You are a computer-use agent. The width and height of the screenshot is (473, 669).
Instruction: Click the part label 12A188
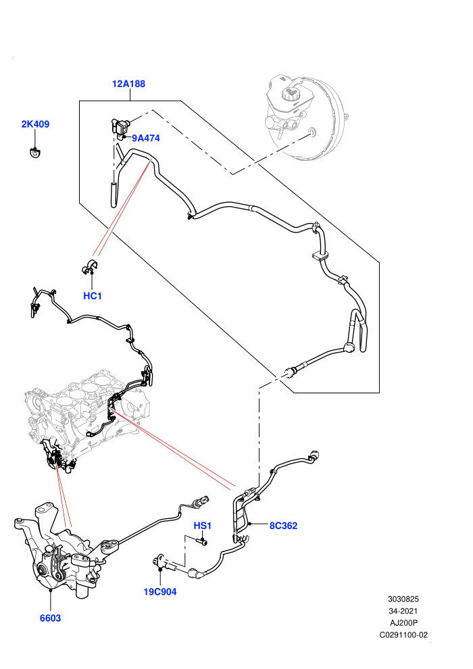128,84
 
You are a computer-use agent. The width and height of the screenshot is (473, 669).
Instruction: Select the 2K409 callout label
35,124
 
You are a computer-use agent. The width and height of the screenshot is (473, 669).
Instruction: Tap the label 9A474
146,138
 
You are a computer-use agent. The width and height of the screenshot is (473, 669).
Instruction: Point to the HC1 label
92,296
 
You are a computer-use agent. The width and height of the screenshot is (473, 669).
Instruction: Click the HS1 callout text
203,526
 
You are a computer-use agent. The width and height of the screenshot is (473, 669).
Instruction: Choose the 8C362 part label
283,526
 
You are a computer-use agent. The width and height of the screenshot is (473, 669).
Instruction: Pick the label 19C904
160,592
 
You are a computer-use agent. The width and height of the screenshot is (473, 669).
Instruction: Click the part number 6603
50,618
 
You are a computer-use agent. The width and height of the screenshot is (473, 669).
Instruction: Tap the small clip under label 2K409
35,152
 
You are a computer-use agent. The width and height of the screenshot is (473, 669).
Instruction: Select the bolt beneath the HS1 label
202,541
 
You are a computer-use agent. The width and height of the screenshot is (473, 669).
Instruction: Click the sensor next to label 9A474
120,127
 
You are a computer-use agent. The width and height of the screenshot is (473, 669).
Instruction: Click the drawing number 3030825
403,599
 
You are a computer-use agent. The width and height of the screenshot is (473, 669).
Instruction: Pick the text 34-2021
403,611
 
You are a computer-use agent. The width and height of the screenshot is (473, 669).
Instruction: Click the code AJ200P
403,623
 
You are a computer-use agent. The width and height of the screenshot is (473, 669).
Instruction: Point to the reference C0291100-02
403,635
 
